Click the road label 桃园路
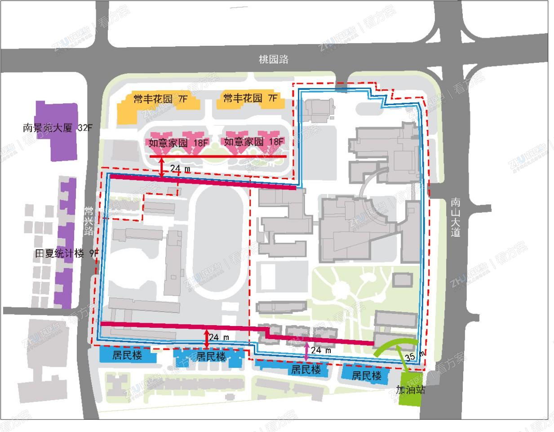click(x=273, y=59)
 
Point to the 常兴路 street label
click(x=89, y=220)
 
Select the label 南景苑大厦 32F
click(x=57, y=128)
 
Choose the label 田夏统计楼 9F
click(x=66, y=253)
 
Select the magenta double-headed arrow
click(x=306, y=351)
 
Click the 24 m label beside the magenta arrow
click(x=321, y=350)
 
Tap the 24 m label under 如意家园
click(x=180, y=168)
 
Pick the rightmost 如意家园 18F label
click(x=254, y=142)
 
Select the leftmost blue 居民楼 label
click(x=127, y=355)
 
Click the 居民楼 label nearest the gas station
click(x=367, y=375)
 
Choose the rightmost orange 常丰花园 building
click(x=250, y=101)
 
